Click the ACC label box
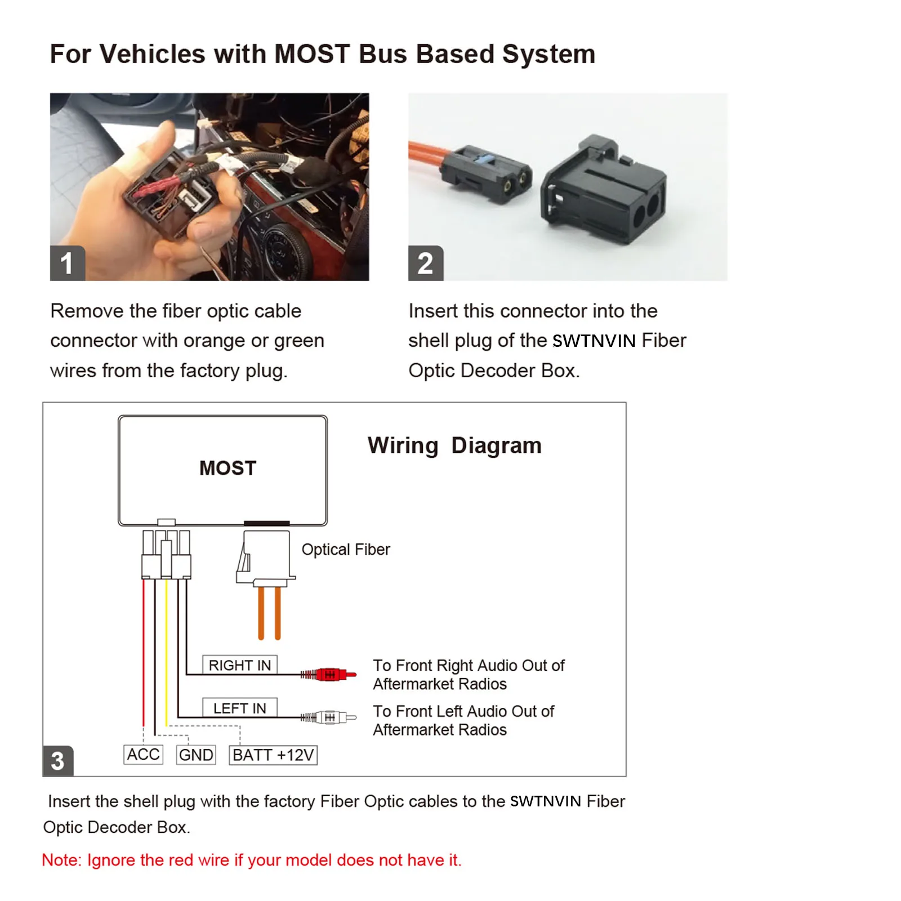pyautogui.click(x=143, y=755)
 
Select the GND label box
pyautogui.click(x=196, y=755)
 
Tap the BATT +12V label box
pyautogui.click(x=273, y=755)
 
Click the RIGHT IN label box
pyautogui.click(x=240, y=665)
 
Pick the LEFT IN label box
pyautogui.click(x=240, y=708)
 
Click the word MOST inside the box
pyautogui.click(x=228, y=468)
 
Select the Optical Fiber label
pyautogui.click(x=345, y=550)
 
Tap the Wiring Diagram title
pyautogui.click(x=454, y=445)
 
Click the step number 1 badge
pyautogui.click(x=67, y=263)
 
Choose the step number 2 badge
pyautogui.click(x=426, y=263)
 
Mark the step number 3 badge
pyautogui.click(x=58, y=761)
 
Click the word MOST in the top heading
pyautogui.click(x=312, y=54)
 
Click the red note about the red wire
pyautogui.click(x=252, y=860)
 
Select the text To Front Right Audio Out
pyautogui.click(x=469, y=666)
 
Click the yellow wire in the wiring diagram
pyautogui.click(x=166, y=653)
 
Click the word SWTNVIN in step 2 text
pyautogui.click(x=594, y=341)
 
